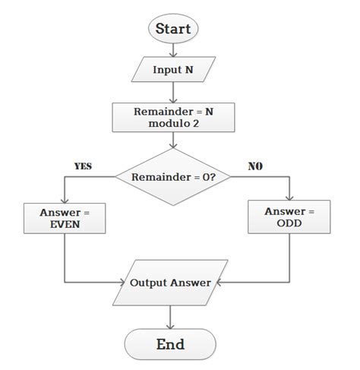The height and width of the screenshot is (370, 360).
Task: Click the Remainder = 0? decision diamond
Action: (175, 176)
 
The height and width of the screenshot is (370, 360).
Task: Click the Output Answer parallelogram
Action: (175, 282)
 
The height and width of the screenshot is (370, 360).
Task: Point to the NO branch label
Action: (255, 166)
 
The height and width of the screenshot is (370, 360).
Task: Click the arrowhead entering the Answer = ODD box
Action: (289, 198)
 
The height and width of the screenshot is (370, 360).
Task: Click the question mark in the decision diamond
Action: (214, 177)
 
